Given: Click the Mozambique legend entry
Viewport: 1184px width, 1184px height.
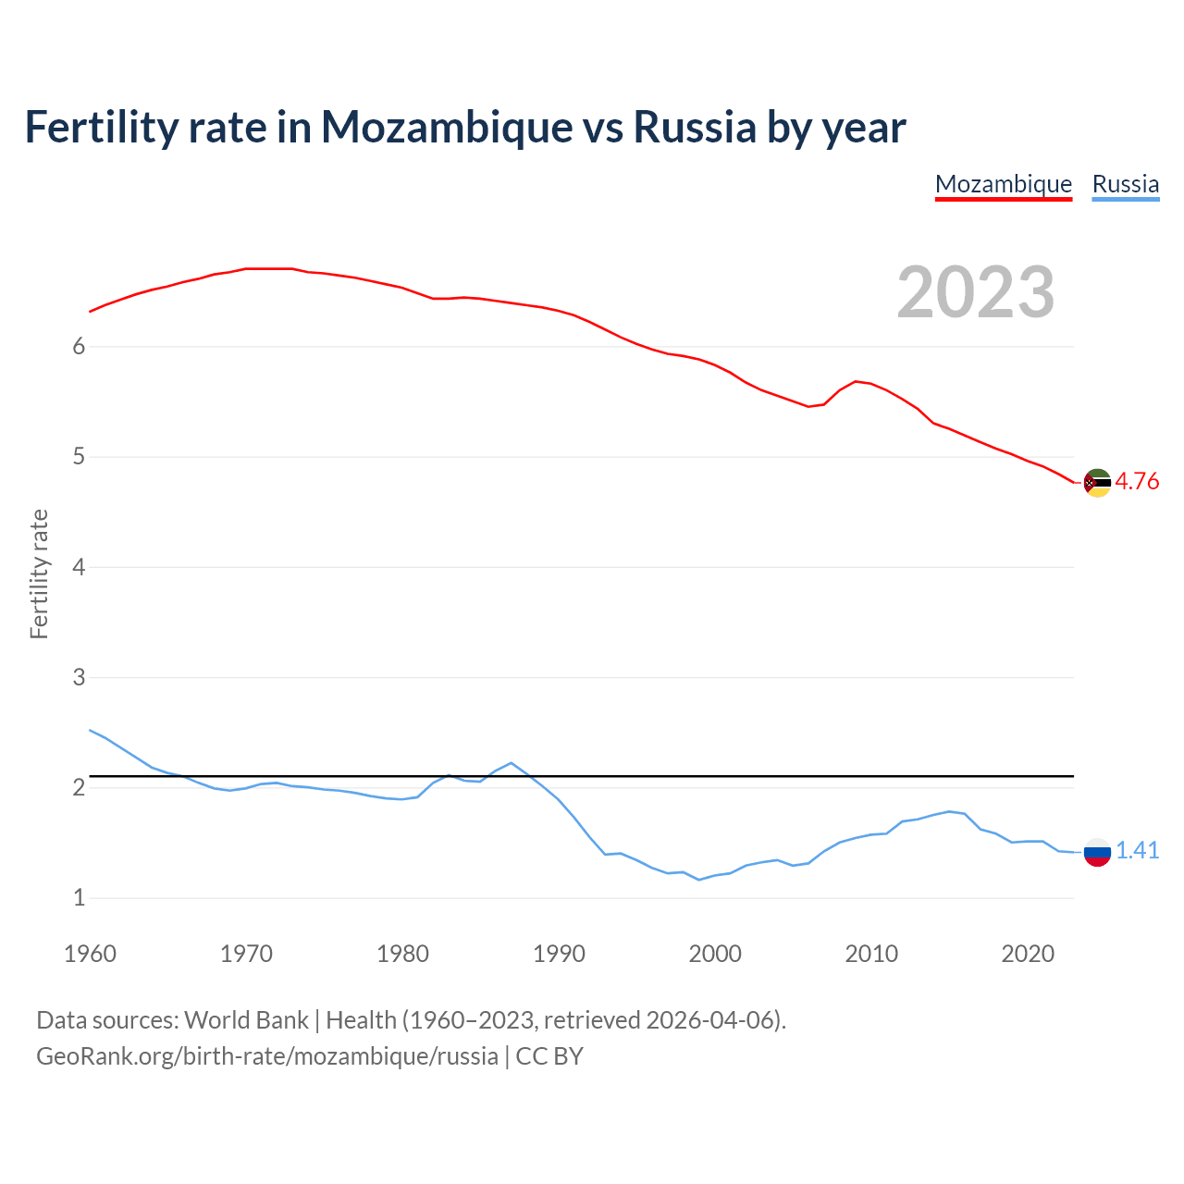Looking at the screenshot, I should (x=1004, y=184).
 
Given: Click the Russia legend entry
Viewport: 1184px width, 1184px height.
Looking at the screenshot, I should (x=1125, y=184).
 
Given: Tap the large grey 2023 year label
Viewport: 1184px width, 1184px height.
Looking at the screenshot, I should (x=976, y=292).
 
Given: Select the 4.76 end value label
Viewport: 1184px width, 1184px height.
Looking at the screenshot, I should (x=1137, y=481).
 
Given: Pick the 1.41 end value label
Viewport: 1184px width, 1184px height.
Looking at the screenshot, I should (x=1137, y=850).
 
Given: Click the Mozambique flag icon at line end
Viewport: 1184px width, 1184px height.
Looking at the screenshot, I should (x=1097, y=483).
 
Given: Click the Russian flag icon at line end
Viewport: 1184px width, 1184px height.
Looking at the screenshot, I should (x=1097, y=852).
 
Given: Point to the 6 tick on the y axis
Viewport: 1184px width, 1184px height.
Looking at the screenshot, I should (x=79, y=347).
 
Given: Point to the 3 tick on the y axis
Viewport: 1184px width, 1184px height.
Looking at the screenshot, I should (x=79, y=677).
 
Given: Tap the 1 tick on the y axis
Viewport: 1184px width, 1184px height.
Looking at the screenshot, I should (x=79, y=897).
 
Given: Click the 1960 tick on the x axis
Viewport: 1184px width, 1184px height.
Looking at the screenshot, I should (x=90, y=954).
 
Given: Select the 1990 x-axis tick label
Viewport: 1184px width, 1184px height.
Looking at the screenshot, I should (x=559, y=954).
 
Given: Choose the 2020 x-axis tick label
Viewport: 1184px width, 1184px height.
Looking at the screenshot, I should (x=1028, y=954).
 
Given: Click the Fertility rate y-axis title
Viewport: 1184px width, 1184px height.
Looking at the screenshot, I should (x=39, y=573).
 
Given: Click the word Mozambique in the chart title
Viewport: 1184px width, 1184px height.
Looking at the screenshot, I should (x=446, y=127).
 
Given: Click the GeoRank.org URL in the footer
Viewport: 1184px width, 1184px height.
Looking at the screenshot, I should (x=266, y=1056).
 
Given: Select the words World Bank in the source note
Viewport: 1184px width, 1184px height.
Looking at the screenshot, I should (x=246, y=1020).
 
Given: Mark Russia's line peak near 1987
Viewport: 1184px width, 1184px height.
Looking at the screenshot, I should (x=512, y=763).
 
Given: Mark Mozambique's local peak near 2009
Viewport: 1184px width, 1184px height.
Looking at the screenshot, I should (x=856, y=381).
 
